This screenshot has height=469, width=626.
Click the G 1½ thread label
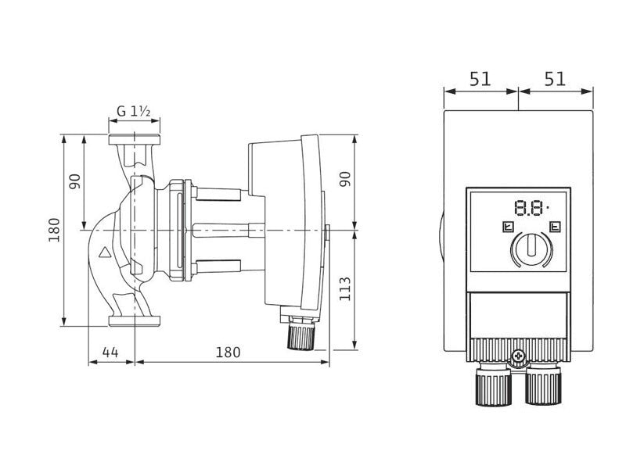[x=134, y=111]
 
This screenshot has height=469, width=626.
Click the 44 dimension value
[x=110, y=353]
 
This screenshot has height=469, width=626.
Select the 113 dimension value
[x=344, y=289]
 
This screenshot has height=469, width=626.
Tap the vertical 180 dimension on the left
[x=54, y=230]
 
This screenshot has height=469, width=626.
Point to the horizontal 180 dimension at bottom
[x=228, y=353]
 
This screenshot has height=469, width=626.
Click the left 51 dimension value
[x=480, y=80]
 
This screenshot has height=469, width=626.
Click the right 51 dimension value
[x=555, y=80]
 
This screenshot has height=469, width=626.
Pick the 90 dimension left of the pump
[x=75, y=181]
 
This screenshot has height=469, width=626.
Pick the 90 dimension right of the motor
[x=344, y=179]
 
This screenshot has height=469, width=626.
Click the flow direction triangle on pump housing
[x=106, y=252]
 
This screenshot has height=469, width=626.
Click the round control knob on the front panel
[x=532, y=250]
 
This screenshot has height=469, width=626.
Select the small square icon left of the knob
[x=508, y=227]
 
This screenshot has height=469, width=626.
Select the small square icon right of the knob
[x=556, y=227]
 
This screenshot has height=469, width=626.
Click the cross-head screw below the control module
[x=518, y=356]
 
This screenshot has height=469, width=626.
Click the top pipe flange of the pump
[x=135, y=140]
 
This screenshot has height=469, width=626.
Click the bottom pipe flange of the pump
[x=135, y=321]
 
